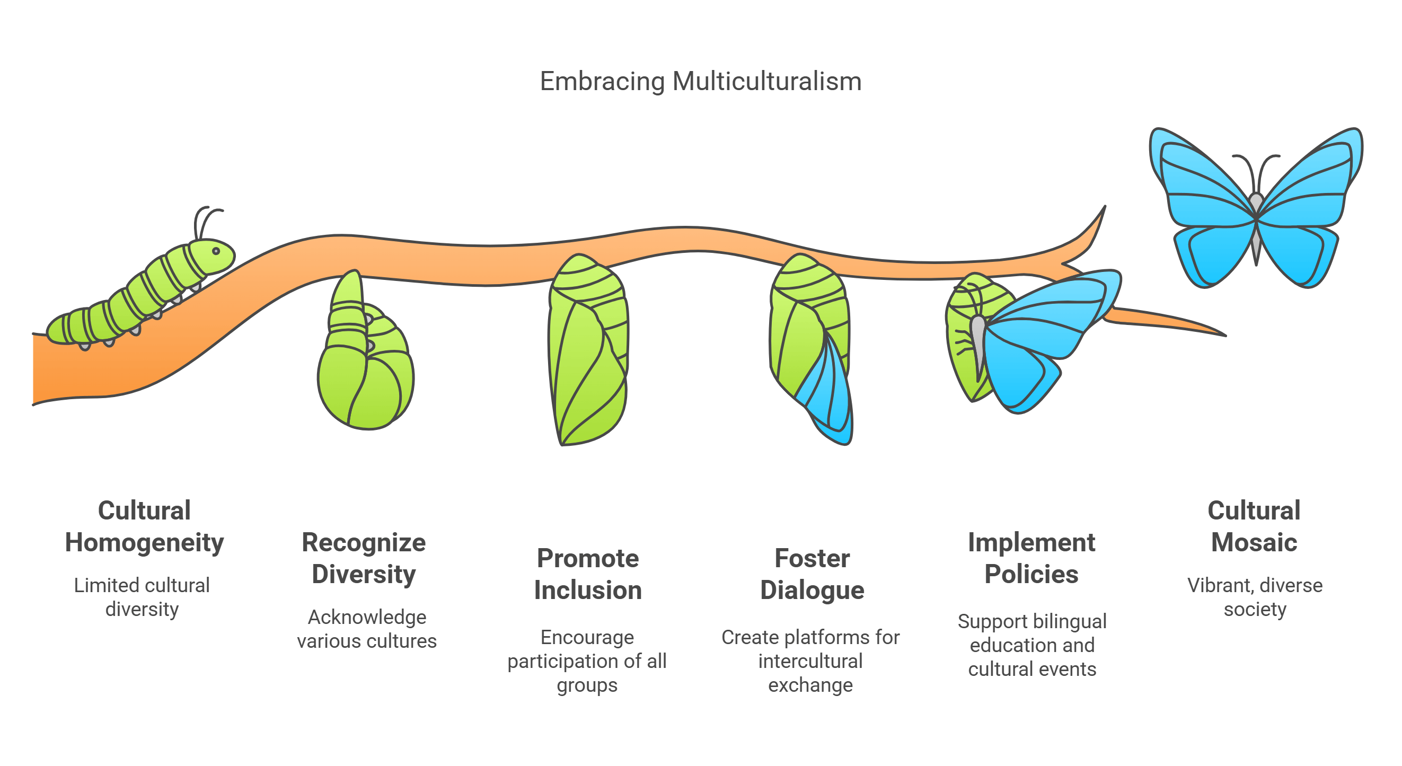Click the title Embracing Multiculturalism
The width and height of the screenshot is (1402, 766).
tap(700, 82)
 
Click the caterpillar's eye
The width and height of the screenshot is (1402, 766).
tap(216, 251)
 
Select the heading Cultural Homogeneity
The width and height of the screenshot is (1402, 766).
tap(144, 526)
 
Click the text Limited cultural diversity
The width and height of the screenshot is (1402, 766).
tap(142, 597)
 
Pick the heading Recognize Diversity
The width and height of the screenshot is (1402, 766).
tap(364, 558)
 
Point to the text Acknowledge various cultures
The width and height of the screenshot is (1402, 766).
tap(367, 629)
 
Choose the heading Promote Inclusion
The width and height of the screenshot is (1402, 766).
tap(588, 574)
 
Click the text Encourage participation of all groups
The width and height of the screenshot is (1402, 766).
tap(587, 661)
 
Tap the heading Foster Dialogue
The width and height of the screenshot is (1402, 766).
tap(812, 574)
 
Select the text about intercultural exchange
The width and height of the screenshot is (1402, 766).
tap(810, 661)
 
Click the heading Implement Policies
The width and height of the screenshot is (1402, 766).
tap(1031, 558)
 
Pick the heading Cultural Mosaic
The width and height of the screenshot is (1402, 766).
tap(1254, 526)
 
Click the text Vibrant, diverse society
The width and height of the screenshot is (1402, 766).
tap(1255, 597)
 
